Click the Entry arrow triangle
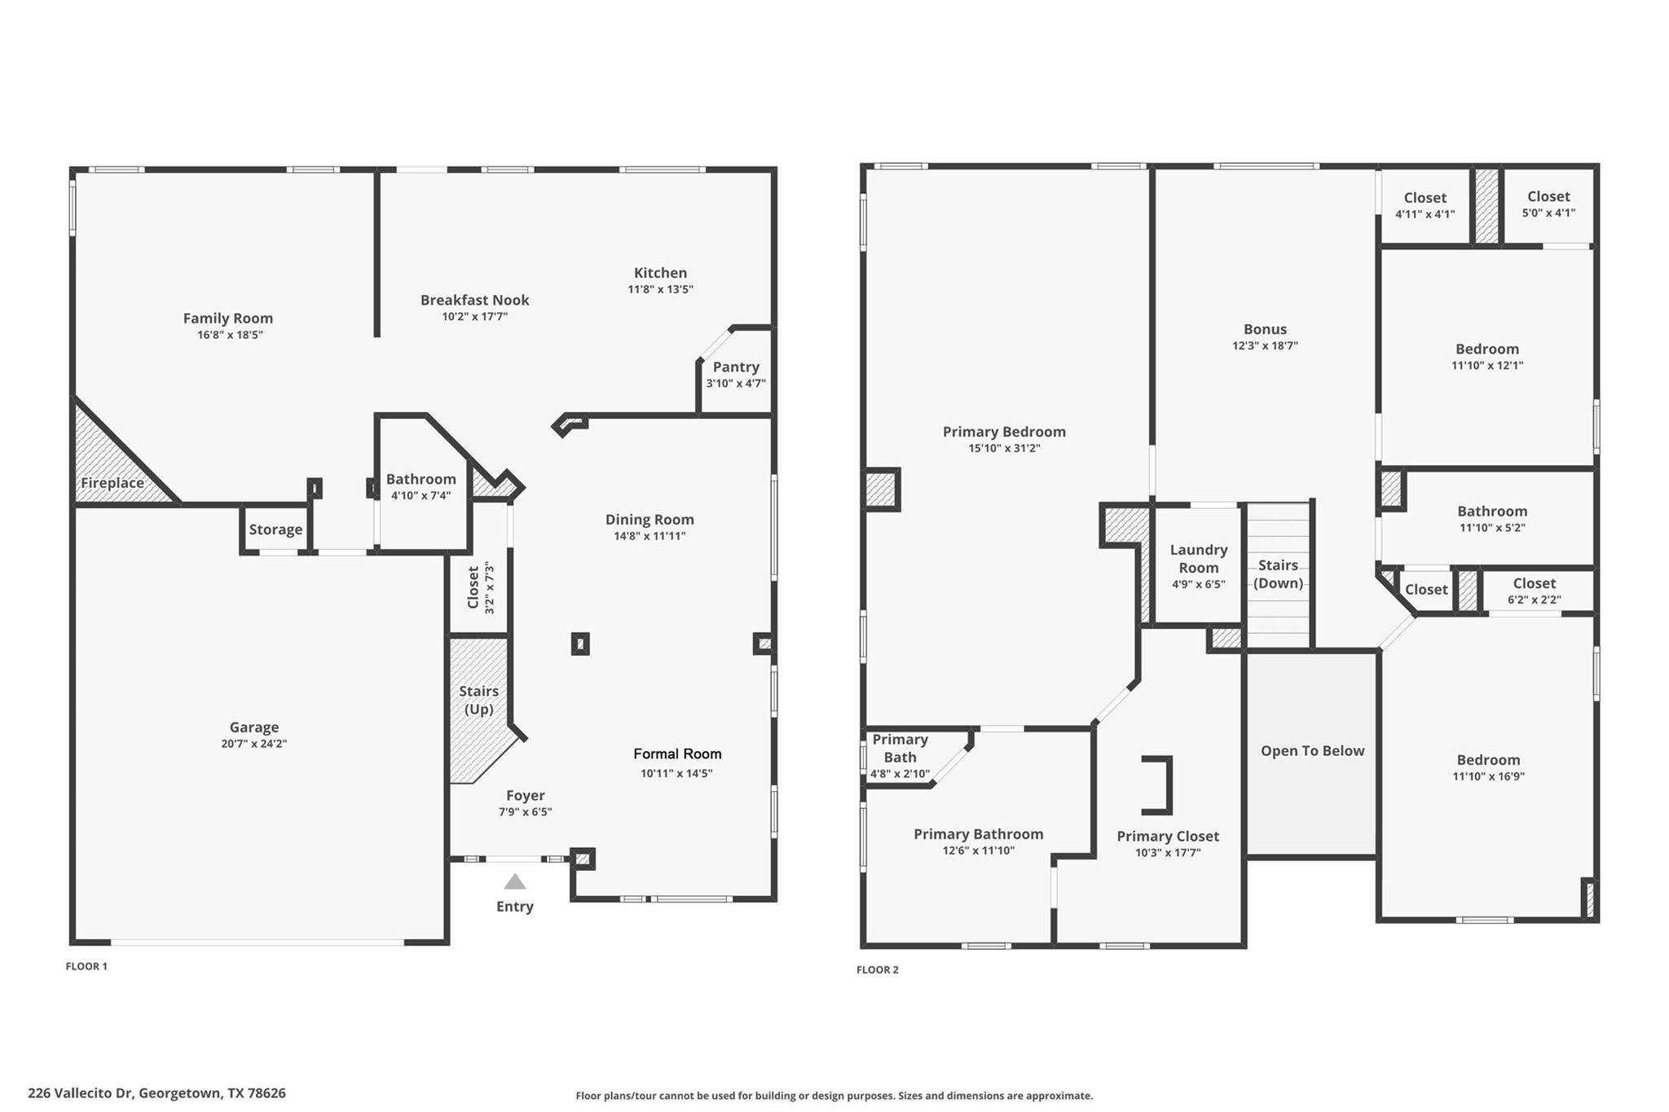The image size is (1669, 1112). [514, 881]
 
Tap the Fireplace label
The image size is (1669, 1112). [112, 482]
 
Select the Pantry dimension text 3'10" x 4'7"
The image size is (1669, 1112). [735, 384]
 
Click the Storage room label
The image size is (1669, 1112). [275, 530]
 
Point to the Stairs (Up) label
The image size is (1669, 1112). [478, 700]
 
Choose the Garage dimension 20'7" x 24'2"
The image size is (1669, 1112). [254, 744]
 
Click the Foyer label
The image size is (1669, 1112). [525, 795]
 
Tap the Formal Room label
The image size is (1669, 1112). [677, 754]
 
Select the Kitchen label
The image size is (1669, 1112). [660, 273]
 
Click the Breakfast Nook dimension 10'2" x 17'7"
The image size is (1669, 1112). [475, 317]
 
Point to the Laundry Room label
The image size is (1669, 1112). [1198, 559]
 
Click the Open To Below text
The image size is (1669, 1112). [1312, 751]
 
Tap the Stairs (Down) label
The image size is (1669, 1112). [1278, 574]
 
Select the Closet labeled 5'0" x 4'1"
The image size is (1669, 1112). [1548, 196]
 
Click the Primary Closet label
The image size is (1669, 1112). [1168, 836]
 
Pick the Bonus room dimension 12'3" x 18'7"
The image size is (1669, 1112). [1265, 345]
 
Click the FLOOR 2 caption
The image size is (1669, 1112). [878, 969]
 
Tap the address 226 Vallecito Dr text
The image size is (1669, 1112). [156, 1093]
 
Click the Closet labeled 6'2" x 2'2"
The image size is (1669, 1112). [1535, 583]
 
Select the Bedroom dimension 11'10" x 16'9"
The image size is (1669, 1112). [1488, 776]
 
